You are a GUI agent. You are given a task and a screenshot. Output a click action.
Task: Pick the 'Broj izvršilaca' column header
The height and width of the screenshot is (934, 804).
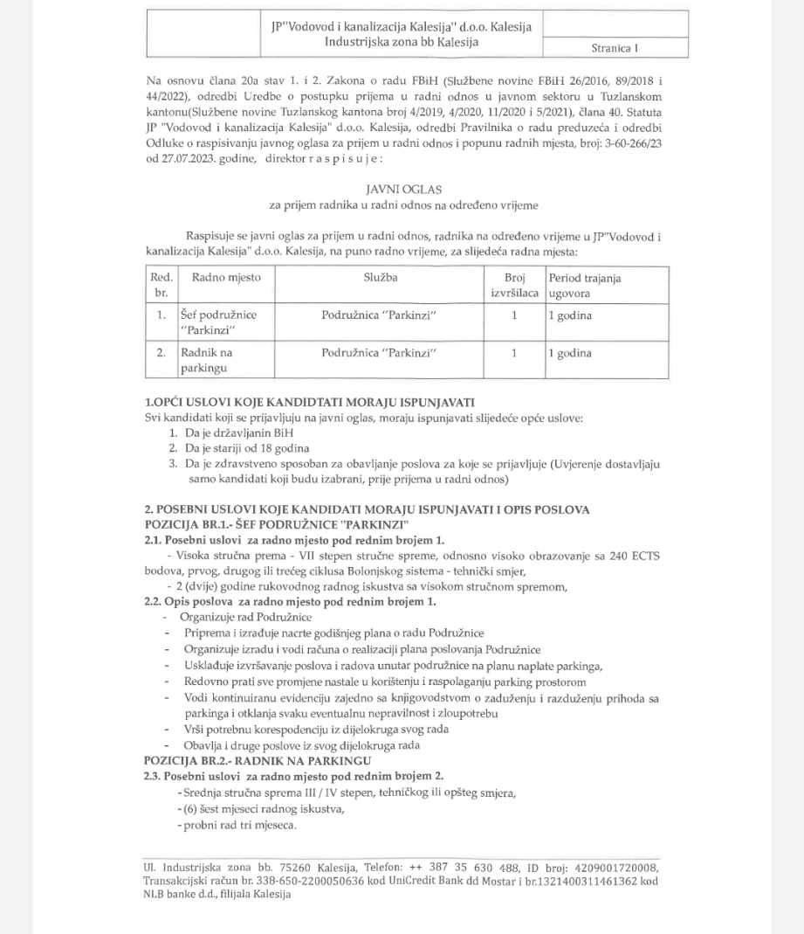[514, 285]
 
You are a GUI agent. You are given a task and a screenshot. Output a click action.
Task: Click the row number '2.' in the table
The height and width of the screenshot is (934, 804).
[161, 354]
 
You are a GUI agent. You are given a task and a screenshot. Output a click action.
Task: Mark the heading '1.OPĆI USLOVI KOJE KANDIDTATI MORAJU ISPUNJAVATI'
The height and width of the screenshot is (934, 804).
[309, 402]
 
